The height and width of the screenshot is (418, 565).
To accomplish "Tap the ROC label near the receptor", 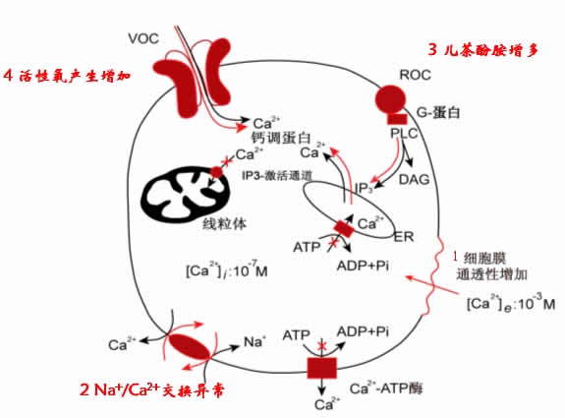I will (416, 74).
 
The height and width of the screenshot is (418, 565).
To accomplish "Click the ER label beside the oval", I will (403, 237).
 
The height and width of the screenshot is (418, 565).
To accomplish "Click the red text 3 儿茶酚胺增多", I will (483, 49).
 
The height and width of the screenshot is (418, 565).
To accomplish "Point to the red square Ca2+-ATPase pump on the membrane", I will (320, 369).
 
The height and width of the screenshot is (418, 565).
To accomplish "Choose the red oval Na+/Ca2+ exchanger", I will (194, 346).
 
